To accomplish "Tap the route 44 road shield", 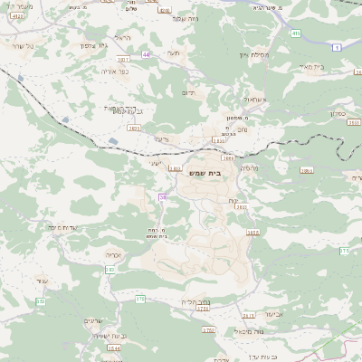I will click(x=146, y=54).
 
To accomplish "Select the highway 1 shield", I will click(x=338, y=47).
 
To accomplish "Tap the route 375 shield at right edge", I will click(x=345, y=249).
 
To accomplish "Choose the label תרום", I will click(x=189, y=91).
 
